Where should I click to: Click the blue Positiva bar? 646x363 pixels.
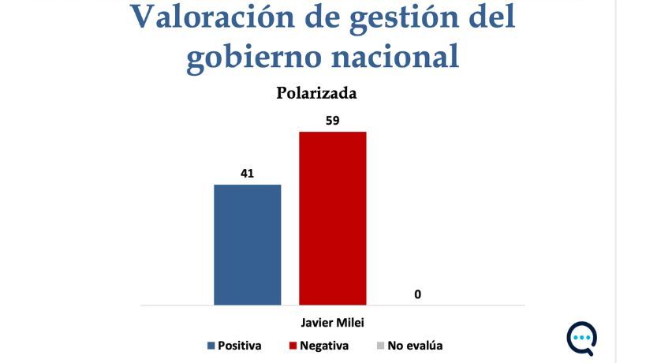coord(248,244)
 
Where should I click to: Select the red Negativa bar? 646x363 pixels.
coord(332,217)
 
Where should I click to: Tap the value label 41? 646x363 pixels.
coord(248,174)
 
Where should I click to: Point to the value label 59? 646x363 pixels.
coord(332,120)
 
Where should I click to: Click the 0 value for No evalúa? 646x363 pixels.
coord(417,294)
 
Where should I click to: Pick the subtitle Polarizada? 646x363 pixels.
coord(316,93)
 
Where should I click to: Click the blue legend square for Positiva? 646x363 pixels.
coord(211,346)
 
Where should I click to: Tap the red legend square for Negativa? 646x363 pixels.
coord(293,346)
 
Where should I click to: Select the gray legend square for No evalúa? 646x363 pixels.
coord(379,346)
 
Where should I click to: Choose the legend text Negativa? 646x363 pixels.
coord(323,346)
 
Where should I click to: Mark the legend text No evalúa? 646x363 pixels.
coord(415,346)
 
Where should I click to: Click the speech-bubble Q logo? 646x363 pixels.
coord(581,338)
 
